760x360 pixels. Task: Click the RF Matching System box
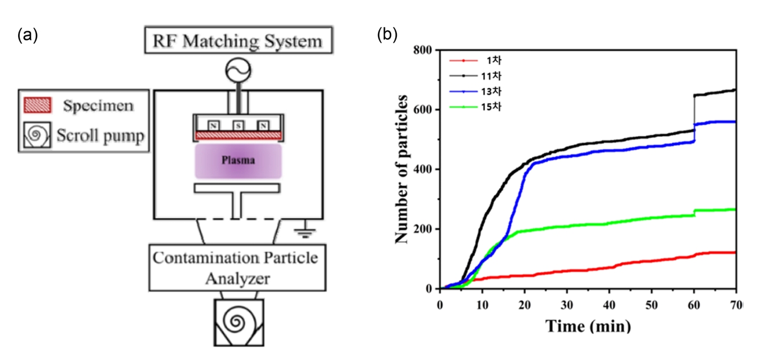tap(239, 41)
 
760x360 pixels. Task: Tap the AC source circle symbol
tap(238, 71)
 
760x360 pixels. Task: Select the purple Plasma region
tap(238, 161)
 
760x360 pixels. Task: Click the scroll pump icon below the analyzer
tap(239, 322)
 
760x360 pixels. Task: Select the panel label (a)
tap(28, 35)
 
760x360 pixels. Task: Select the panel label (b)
tap(388, 35)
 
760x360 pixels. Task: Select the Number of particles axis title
tap(403, 169)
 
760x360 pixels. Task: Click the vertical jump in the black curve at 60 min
tap(694, 112)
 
